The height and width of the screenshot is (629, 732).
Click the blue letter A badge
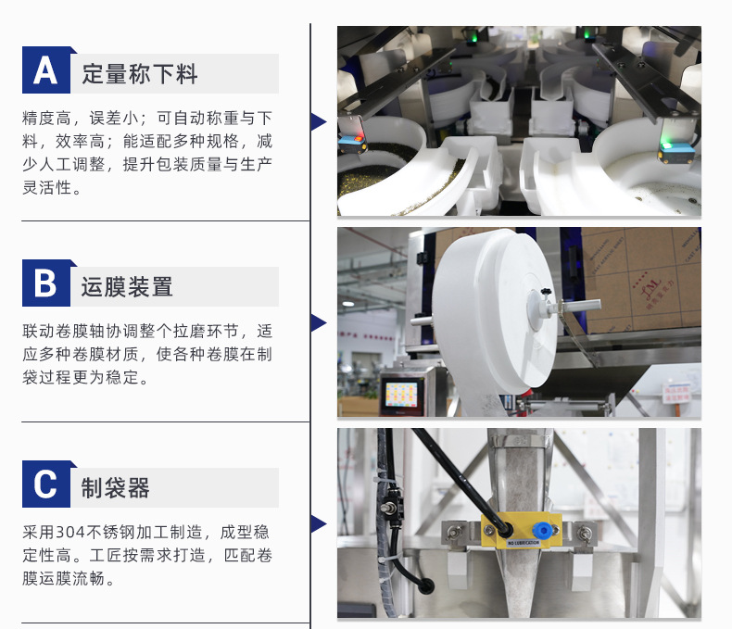point(46,70)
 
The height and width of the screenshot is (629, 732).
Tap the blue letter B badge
point(46,283)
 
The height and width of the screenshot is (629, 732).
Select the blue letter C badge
point(46,484)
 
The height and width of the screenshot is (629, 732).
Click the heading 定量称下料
point(140,74)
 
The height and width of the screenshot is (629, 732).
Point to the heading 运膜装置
point(127,287)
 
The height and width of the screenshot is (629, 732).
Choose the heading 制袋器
point(115,488)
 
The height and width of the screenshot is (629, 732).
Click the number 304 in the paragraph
point(70,533)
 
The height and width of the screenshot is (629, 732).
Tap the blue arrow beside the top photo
point(318,121)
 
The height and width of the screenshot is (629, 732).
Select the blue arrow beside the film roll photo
point(318,323)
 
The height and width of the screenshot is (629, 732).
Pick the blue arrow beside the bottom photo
point(318,524)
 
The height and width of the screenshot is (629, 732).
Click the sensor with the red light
point(352,139)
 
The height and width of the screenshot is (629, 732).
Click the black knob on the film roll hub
point(545,293)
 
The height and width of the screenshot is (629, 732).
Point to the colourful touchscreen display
point(401,395)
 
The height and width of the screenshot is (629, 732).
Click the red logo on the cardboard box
point(650,287)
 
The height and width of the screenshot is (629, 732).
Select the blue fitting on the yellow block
point(541,530)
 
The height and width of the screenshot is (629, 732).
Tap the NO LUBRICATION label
point(524,543)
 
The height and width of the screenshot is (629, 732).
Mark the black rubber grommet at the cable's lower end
point(425,585)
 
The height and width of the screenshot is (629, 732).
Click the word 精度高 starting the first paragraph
point(47,118)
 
